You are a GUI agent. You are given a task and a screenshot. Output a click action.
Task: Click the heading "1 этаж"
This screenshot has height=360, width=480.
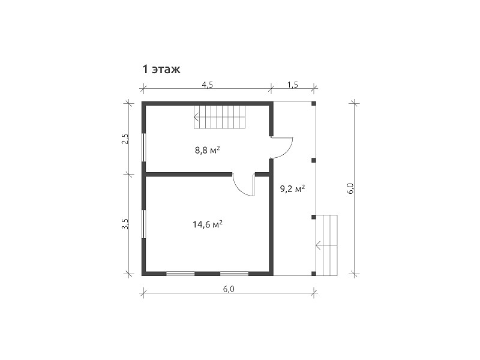[x=161, y=70]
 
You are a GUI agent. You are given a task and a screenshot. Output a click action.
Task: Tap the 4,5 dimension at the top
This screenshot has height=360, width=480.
[x=207, y=85]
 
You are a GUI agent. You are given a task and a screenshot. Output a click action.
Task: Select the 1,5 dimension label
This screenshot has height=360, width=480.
[x=293, y=85]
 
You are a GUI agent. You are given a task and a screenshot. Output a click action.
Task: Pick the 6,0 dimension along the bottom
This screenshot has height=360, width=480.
[x=229, y=289]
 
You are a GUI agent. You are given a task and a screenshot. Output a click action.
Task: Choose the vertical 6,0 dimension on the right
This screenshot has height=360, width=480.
[x=351, y=188]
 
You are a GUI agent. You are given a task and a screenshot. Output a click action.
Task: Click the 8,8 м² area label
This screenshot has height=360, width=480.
[x=208, y=151]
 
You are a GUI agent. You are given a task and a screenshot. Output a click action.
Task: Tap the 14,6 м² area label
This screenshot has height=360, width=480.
[x=207, y=224]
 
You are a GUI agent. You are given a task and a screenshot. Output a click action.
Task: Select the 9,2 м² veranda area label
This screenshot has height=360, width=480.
[x=293, y=189]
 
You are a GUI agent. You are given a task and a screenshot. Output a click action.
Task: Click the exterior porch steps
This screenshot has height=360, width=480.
[x=326, y=245]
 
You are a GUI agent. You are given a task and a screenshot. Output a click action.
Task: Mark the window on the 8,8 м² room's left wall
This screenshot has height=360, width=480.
[x=143, y=147]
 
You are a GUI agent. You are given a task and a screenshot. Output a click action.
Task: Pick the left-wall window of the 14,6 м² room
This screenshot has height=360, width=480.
[x=143, y=223]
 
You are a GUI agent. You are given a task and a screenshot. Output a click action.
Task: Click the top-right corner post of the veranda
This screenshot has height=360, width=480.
[x=313, y=103]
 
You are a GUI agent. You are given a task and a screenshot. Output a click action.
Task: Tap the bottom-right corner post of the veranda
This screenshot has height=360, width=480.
[x=313, y=274]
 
